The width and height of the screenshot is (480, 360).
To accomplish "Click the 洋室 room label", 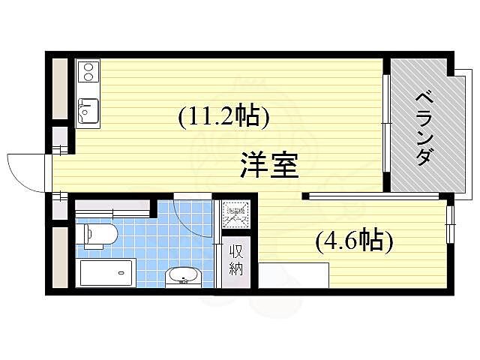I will point(270,165).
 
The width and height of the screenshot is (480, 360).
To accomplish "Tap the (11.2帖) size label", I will point(223,116).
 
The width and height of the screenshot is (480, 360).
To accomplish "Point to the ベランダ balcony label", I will point(424,127).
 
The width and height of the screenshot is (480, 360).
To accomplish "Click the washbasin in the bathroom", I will point(182,276).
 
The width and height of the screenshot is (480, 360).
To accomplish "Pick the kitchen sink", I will point(88,111).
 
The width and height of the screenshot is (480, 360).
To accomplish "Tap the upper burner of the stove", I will point(88,68).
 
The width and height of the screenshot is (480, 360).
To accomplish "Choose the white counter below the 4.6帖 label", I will point(294,274).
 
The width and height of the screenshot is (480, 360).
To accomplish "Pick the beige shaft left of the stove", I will point(60,87).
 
